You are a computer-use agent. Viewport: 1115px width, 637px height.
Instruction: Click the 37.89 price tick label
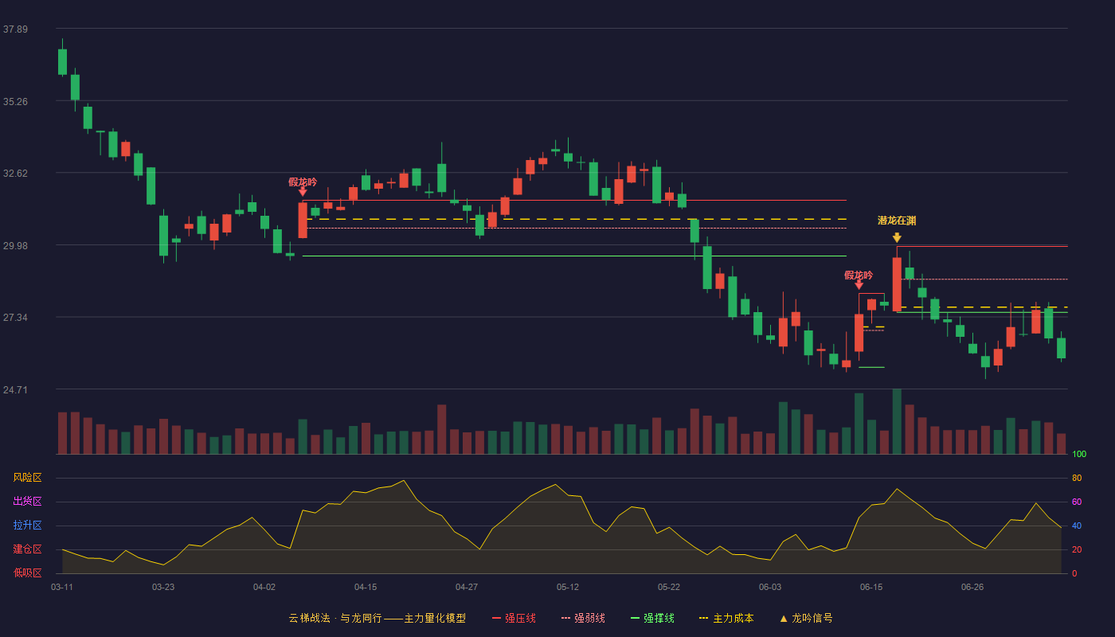click(15, 29)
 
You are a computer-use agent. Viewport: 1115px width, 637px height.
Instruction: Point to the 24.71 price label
click(15, 389)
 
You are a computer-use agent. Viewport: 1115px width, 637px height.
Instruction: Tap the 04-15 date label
click(366, 588)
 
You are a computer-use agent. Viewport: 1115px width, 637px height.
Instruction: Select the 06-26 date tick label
click(972, 588)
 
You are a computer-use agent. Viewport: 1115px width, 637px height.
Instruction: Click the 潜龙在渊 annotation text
click(897, 221)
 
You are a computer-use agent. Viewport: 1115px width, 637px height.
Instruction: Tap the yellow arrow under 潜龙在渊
click(897, 237)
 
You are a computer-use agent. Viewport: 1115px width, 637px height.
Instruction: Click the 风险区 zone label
click(27, 478)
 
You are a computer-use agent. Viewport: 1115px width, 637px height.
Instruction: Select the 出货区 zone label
click(27, 501)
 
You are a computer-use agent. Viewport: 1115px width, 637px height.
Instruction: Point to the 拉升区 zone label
click(27, 525)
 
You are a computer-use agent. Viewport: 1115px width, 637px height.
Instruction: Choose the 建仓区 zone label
click(27, 549)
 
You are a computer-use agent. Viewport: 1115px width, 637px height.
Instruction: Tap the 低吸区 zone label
click(27, 573)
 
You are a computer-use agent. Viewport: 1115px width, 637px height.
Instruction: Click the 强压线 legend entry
click(514, 618)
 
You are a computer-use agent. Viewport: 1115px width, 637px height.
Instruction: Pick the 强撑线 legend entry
click(652, 618)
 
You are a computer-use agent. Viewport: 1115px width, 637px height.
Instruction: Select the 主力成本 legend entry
click(726, 618)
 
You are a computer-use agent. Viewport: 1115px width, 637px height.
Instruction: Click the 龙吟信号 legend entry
click(806, 618)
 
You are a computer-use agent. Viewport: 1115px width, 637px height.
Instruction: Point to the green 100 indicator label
click(1079, 454)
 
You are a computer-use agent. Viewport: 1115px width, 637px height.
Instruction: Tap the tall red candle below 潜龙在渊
click(897, 283)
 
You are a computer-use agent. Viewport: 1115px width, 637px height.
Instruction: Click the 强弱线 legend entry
click(583, 618)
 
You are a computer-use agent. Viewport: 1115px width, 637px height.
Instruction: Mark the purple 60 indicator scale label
click(1077, 502)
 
